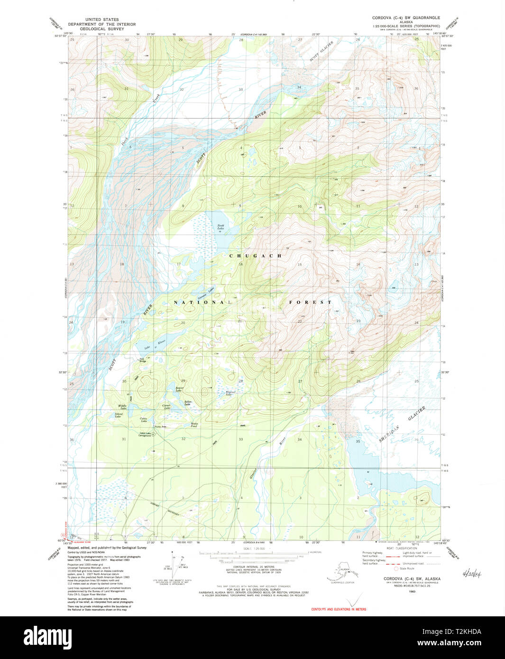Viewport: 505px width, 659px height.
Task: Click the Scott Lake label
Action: [x=220, y=227]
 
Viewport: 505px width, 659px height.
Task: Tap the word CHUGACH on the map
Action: [x=255, y=256]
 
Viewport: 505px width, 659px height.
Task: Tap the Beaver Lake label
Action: [x=179, y=389]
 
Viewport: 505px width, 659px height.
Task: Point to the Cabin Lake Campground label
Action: [x=145, y=434]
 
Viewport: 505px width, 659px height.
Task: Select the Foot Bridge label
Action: [x=142, y=360]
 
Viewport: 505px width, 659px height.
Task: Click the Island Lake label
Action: [x=118, y=415]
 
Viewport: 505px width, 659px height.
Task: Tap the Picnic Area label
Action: [x=161, y=426]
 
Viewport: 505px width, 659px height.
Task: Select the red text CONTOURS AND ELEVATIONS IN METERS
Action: [x=339, y=609]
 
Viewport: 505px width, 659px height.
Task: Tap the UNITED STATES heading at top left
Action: [x=101, y=20]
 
